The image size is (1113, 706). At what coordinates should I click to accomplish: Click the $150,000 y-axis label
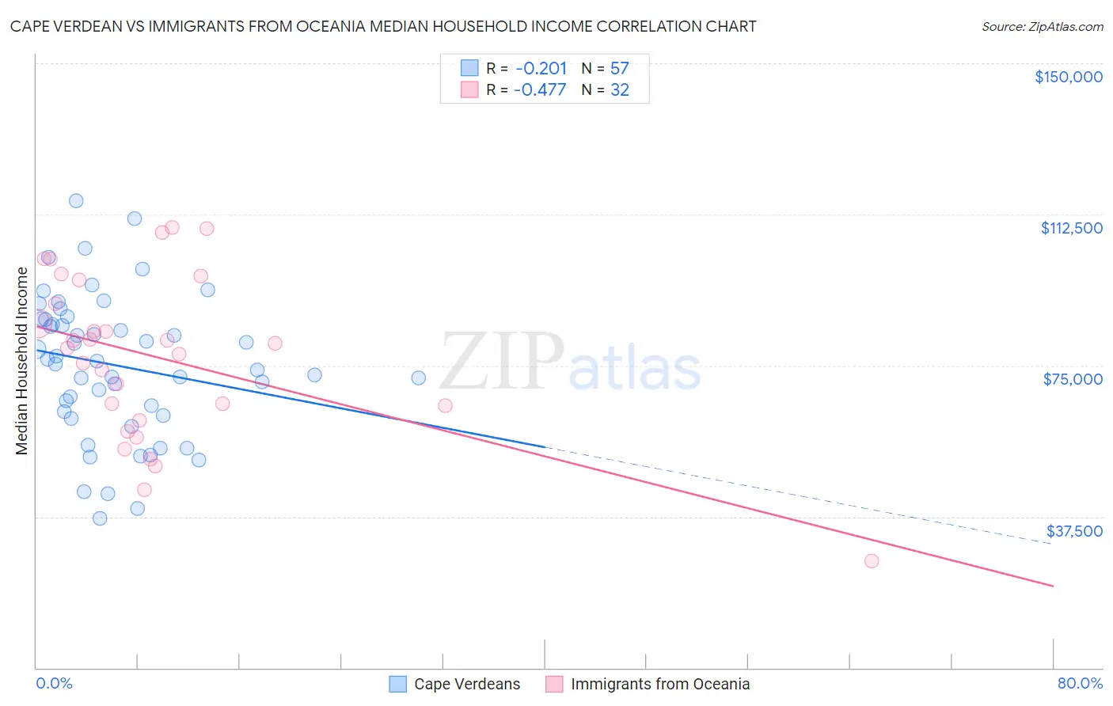1068,77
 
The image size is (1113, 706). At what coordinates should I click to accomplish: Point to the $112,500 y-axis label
1071,228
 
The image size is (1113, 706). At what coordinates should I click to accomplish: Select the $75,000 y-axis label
1073,379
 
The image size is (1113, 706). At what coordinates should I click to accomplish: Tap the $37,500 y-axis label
1074,531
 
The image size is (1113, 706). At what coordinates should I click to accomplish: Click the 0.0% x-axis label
54,683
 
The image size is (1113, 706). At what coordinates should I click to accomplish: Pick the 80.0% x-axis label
1080,683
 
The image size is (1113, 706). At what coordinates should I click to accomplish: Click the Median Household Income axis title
22,361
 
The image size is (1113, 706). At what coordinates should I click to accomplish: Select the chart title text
383,26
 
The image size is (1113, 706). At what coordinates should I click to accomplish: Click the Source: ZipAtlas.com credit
1042,26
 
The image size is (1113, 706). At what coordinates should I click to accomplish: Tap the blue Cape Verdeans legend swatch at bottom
398,684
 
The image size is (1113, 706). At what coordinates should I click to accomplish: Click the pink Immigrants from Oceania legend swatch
554,684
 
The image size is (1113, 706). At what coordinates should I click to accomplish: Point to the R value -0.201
541,68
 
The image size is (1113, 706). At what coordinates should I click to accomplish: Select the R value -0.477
540,89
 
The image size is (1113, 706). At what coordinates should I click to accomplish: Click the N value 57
619,68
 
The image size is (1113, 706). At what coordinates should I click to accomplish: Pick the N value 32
619,89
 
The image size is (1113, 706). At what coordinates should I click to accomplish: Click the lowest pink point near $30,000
872,560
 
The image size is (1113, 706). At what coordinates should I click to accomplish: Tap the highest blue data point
76,200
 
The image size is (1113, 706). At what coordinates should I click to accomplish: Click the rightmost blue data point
419,378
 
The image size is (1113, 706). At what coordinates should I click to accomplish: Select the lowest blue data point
100,518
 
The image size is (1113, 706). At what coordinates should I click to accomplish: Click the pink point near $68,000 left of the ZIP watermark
445,405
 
